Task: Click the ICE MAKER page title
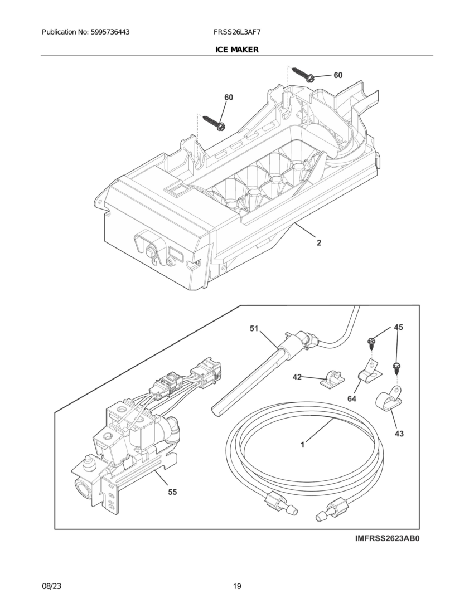click(x=236, y=50)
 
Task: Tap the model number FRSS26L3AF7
click(x=237, y=32)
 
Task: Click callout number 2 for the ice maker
click(x=318, y=243)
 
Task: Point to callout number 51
click(x=254, y=329)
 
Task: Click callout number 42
click(x=297, y=377)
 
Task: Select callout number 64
click(x=351, y=398)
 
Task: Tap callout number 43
click(x=399, y=433)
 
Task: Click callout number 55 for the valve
click(x=173, y=492)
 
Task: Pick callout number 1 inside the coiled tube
click(x=302, y=445)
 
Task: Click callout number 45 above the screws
click(x=398, y=327)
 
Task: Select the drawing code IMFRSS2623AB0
click(x=386, y=539)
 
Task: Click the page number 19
click(x=237, y=586)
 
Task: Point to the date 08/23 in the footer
click(x=51, y=586)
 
